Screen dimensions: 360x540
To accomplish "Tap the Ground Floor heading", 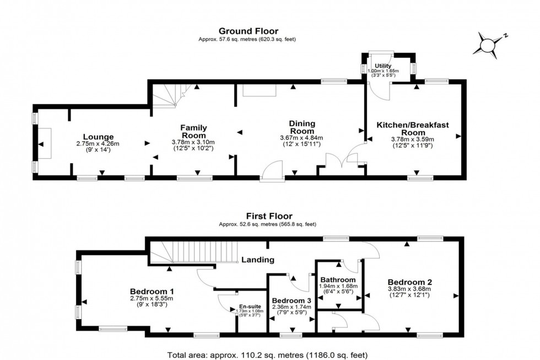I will coord(249,31).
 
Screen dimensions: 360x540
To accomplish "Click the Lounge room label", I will coord(98,137).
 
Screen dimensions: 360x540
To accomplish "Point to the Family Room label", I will coord(193,131).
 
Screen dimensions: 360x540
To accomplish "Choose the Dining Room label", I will coord(301,127).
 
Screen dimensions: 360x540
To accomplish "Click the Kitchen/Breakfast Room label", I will coord(413,129).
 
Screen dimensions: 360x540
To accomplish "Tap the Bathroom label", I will coord(339,280).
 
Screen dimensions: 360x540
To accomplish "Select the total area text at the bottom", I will coord(267,354).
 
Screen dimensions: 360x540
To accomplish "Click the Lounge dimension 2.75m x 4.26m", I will coord(98,143).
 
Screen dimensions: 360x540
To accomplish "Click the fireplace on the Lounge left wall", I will coord(44,143).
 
